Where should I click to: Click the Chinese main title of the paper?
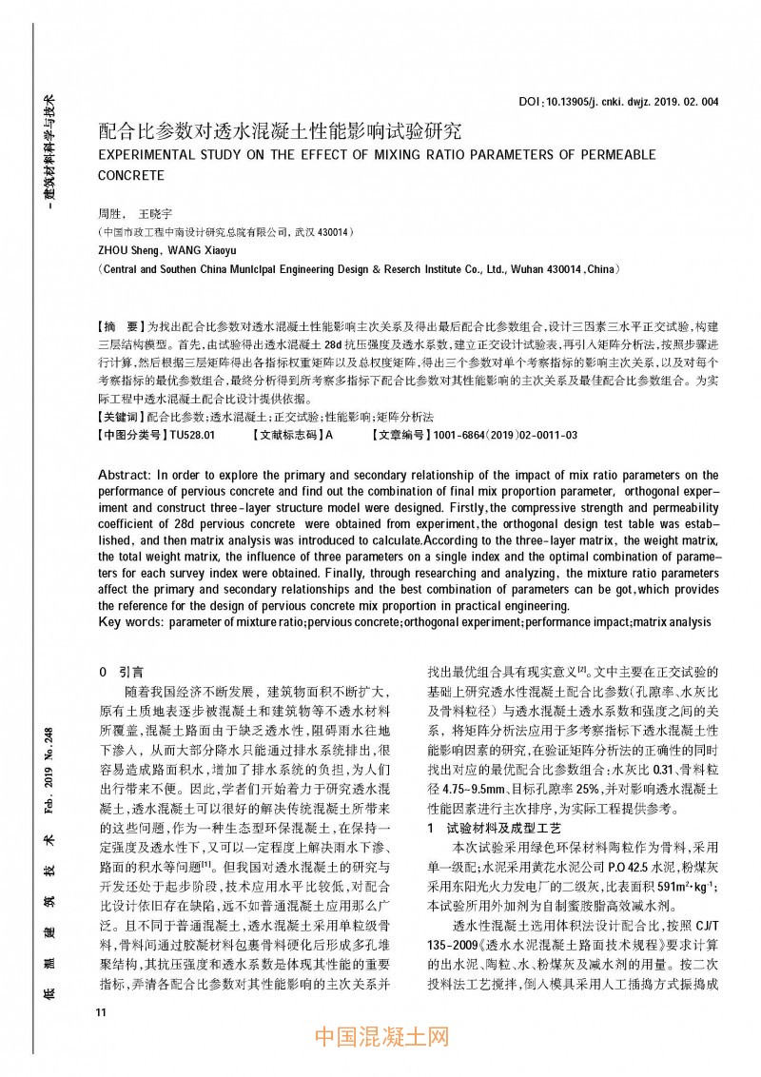[x=280, y=129]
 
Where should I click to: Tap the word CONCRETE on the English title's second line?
[x=131, y=176]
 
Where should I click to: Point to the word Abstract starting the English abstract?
[x=125, y=474]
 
